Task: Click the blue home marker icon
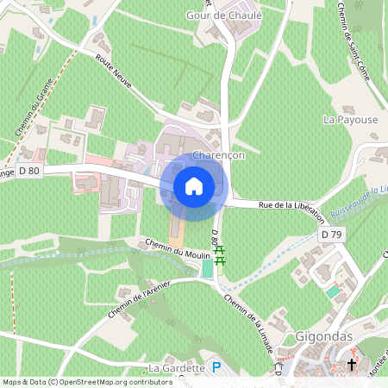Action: (194, 186)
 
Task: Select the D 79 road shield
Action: (330, 235)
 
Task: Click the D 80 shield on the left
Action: (28, 171)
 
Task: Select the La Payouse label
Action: (350, 120)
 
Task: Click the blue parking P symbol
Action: (217, 367)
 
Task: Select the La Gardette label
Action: (176, 368)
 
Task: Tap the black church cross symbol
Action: (352, 366)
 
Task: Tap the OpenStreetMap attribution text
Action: (76, 382)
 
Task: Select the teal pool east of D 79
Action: (334, 292)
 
